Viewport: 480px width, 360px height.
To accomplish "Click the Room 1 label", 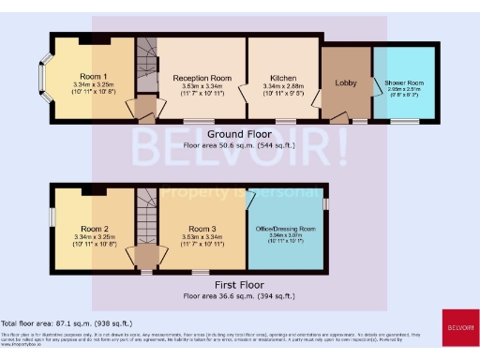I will [93, 76].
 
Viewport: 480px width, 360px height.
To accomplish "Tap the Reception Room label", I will [201, 80].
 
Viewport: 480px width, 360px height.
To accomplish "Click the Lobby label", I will [346, 83].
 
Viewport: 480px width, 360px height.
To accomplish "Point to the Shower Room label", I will [404, 83].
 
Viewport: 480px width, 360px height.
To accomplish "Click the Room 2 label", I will [94, 229].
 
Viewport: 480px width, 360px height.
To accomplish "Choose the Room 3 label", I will [202, 229].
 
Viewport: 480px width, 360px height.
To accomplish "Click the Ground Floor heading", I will [239, 135].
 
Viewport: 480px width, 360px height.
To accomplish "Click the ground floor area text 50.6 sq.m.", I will [239, 146].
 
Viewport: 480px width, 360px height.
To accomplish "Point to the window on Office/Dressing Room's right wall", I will [327, 203].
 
